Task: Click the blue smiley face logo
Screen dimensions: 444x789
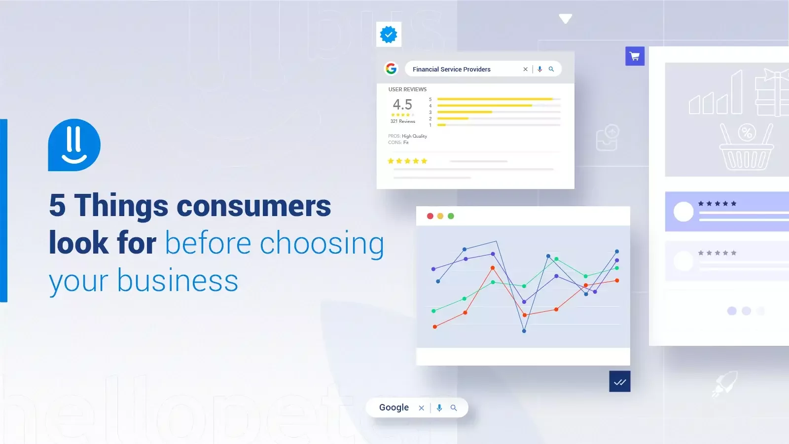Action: click(x=74, y=145)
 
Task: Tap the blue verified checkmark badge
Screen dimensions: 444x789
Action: click(x=389, y=35)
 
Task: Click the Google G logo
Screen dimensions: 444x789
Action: click(x=391, y=69)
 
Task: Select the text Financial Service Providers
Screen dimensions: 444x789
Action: click(x=451, y=70)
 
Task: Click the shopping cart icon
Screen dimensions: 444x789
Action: click(x=635, y=56)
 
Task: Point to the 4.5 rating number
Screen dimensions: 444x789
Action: click(x=402, y=105)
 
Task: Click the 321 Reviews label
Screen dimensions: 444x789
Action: click(x=402, y=121)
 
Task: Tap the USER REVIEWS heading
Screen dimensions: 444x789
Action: click(x=407, y=89)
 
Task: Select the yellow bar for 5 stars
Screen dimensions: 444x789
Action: click(x=495, y=99)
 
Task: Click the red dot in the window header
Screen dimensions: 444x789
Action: click(x=430, y=216)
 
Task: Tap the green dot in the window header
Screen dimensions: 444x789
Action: click(x=451, y=216)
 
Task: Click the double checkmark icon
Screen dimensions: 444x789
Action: click(x=620, y=382)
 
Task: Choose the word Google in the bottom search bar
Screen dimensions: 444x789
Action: click(x=394, y=407)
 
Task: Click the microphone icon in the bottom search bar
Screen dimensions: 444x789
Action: click(x=439, y=408)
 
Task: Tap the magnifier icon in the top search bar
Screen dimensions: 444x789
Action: click(x=551, y=69)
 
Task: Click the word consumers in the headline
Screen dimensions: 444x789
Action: click(x=253, y=206)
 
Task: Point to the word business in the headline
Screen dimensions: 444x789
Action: click(x=178, y=281)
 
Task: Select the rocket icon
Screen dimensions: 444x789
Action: click(x=724, y=383)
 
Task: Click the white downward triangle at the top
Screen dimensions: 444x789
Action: click(x=565, y=19)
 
